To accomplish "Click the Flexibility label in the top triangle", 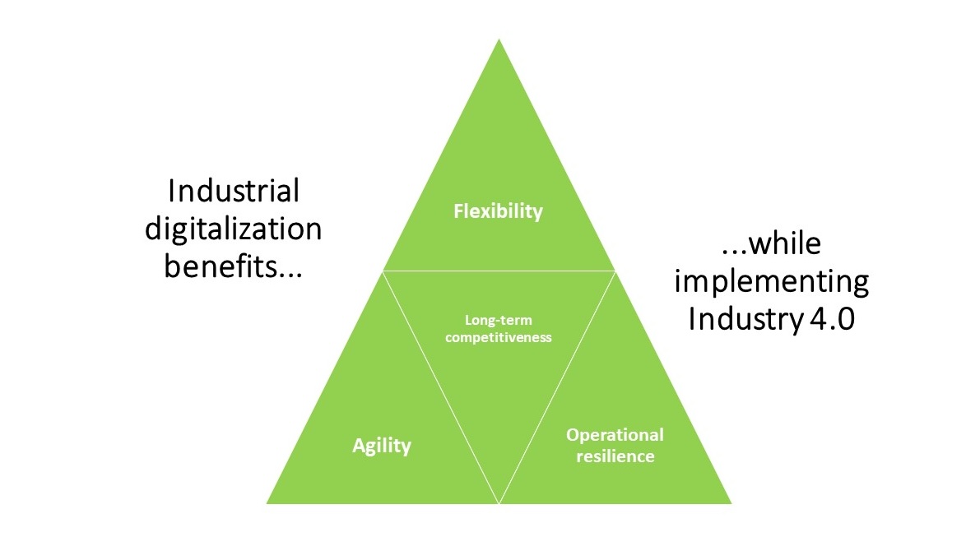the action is (x=499, y=211).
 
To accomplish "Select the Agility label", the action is (x=381, y=445).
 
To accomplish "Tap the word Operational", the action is (x=615, y=435).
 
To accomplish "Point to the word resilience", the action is (x=615, y=456).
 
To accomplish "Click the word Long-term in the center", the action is (x=499, y=320).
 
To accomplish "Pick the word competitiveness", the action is (x=499, y=337).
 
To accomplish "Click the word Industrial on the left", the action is (x=235, y=191).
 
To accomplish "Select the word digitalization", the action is (x=234, y=229).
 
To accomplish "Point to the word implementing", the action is (x=772, y=282).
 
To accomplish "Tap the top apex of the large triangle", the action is (x=499, y=39).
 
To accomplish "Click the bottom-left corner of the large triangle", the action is (x=266, y=504).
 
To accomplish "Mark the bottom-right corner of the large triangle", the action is (x=731, y=504).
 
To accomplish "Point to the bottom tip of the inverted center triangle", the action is (x=499, y=503).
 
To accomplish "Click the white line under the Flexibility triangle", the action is (x=499, y=271).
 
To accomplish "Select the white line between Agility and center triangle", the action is (x=440, y=387).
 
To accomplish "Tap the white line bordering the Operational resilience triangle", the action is (x=558, y=387).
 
